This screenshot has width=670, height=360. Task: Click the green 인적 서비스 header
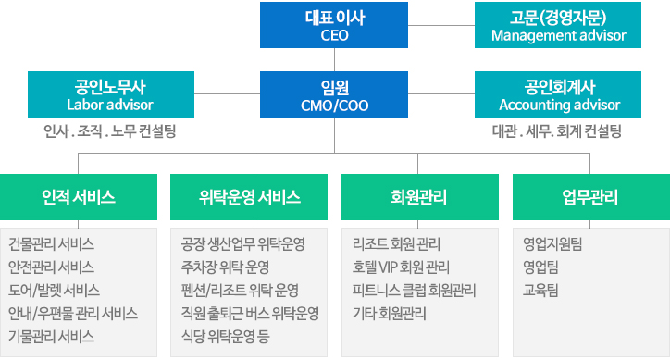[x=79, y=196]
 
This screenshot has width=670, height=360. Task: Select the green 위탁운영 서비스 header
[x=250, y=196]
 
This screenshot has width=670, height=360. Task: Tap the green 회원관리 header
[x=419, y=196]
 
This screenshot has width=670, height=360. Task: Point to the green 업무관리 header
[x=590, y=196]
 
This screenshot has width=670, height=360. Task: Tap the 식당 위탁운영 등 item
[x=230, y=335]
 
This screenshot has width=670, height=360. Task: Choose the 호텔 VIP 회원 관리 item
[x=402, y=267]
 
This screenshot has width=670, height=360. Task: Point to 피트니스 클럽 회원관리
[x=414, y=290]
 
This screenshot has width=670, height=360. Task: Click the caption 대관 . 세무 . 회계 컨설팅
[x=556, y=131]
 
